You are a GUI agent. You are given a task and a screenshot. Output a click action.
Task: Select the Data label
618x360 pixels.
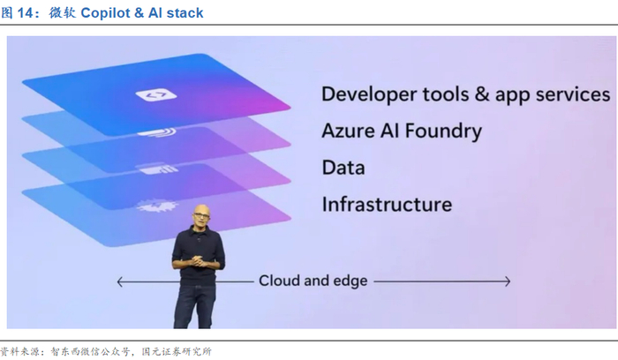tap(343, 168)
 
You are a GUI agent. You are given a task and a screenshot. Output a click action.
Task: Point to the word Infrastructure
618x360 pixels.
tap(387, 205)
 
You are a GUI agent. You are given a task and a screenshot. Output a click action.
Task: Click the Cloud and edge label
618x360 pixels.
tap(313, 281)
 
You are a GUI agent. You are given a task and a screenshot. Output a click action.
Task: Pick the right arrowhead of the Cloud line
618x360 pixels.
tap(507, 281)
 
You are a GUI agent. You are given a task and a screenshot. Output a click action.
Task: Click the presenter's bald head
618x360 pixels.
tap(199, 214)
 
